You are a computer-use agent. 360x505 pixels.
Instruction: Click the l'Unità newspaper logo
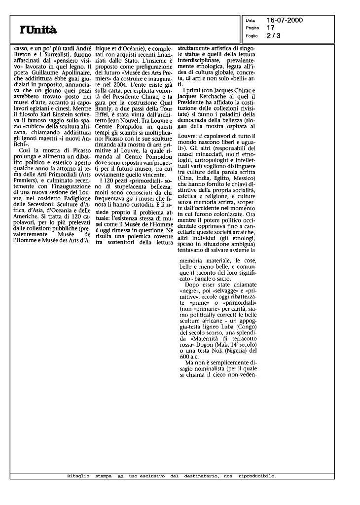pos(38,30)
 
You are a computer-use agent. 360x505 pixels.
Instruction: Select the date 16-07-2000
pos(285,20)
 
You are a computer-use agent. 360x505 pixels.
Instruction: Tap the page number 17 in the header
pos(270,28)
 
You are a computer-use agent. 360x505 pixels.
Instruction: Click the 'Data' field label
pos(250,21)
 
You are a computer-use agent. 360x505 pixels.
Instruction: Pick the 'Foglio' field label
pos(251,35)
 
